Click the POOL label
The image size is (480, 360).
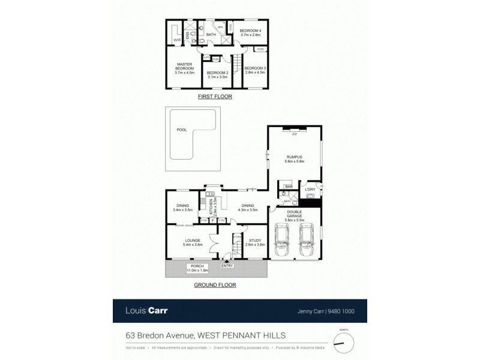tap(182, 130)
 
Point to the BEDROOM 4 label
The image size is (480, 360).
tap(251, 32)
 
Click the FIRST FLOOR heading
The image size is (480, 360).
tap(215, 97)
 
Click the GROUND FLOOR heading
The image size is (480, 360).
tap(215, 286)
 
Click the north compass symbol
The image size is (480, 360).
tap(343, 341)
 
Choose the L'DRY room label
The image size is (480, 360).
tap(310, 190)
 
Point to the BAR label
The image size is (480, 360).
tap(289, 187)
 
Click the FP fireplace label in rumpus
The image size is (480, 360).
tap(294, 135)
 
